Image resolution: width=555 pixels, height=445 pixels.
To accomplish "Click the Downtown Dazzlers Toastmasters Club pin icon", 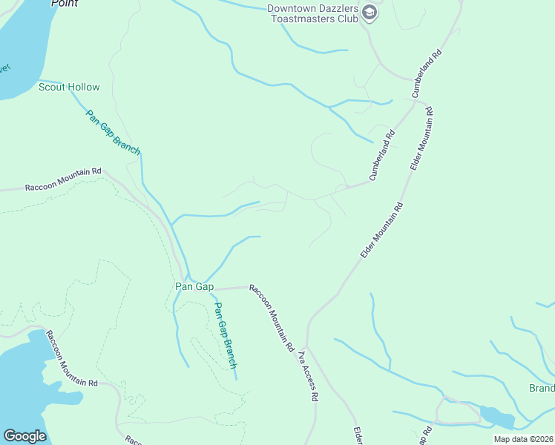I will (x=369, y=14).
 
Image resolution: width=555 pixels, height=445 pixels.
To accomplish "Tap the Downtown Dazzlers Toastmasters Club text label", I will (x=312, y=14).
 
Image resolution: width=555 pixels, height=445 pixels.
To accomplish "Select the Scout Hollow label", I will (x=69, y=87).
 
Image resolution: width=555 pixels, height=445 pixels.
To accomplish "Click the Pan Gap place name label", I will (x=194, y=286).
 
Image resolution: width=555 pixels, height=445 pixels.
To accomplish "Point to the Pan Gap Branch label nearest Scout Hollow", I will (x=113, y=132).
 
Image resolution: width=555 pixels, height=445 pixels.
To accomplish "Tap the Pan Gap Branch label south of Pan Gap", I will (x=225, y=335).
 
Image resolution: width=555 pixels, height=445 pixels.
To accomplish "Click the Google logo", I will (x=24, y=435).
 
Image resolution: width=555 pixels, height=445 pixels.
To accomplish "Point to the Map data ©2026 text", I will (x=523, y=439).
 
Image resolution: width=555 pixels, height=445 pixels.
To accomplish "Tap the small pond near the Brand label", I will (x=496, y=418).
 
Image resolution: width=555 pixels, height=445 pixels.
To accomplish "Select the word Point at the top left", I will (x=65, y=3).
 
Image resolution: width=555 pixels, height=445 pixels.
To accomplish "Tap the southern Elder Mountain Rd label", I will (x=382, y=231).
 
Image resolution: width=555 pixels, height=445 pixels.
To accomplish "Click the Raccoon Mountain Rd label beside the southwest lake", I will (x=72, y=359).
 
